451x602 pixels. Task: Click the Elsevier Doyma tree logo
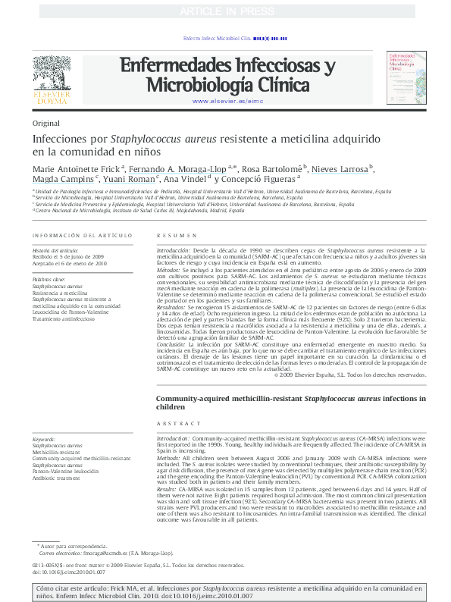tap(54, 74)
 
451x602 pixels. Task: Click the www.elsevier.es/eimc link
tap(227, 101)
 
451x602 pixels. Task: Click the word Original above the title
tap(47, 123)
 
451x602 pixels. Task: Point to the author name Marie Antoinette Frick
tap(76, 168)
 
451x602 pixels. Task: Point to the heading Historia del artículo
tap(55, 249)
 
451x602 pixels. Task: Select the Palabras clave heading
tap(49, 280)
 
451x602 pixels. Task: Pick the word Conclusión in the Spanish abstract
tap(174, 343)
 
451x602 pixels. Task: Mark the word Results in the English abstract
tap(168, 490)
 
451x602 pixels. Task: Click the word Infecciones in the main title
tap(60, 140)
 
